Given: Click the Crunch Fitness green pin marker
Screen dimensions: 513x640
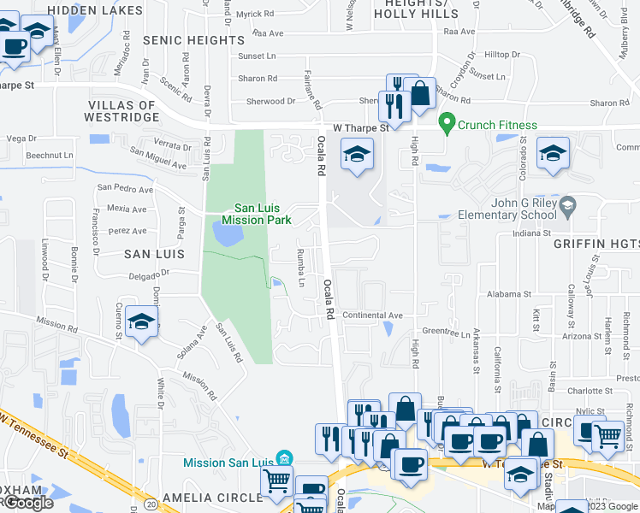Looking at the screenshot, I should pyautogui.click(x=446, y=124).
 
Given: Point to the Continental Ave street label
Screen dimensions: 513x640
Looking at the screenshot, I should pyautogui.click(x=371, y=315).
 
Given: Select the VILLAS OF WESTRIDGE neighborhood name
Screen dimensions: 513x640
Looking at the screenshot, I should pyautogui.click(x=121, y=112).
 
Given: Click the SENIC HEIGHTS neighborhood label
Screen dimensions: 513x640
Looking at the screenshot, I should pyautogui.click(x=193, y=40).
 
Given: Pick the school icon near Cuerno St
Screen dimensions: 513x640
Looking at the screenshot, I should pyautogui.click(x=141, y=321).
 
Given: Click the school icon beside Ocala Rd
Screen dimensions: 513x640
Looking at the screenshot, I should pyautogui.click(x=357, y=155).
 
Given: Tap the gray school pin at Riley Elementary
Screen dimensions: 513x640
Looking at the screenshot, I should pyautogui.click(x=566, y=205).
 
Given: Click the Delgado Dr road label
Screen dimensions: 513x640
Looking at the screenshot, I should pyautogui.click(x=151, y=274).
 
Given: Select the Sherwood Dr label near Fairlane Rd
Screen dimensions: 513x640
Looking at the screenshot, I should pyautogui.click(x=264, y=101).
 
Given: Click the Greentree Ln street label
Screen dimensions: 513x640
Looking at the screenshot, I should pyautogui.click(x=447, y=334).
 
